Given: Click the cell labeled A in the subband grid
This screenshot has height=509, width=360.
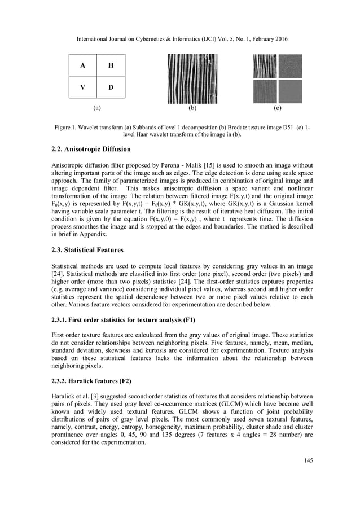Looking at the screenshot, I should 83,65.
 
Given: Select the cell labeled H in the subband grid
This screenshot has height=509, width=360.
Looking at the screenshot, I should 111,65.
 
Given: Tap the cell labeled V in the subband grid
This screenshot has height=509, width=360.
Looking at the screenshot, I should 83,87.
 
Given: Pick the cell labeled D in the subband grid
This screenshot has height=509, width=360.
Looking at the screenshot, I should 111,87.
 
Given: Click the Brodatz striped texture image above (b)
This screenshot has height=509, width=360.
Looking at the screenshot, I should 192,78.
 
